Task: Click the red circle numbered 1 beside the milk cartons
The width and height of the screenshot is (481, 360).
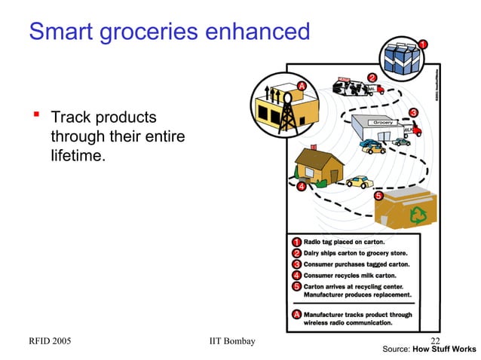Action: tap(424, 44)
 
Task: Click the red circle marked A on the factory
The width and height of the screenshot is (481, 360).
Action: tap(302, 87)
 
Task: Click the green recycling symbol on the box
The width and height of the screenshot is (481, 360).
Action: tap(417, 217)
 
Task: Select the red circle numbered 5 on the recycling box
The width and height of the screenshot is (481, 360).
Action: tap(378, 196)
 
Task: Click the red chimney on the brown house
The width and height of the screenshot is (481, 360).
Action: tap(313, 146)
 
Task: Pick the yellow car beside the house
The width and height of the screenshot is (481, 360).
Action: tap(359, 182)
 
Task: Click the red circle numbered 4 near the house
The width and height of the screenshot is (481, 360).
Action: tap(301, 186)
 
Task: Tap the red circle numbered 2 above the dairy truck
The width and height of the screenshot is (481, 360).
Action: tap(372, 77)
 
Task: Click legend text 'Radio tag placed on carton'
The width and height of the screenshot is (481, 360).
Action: tap(344, 242)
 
